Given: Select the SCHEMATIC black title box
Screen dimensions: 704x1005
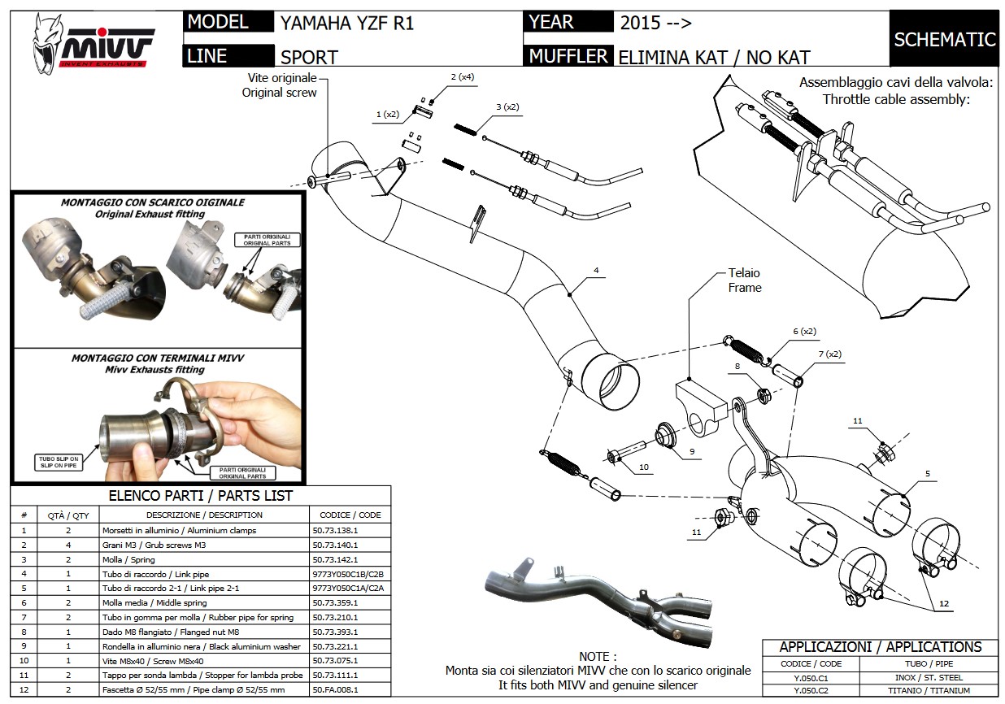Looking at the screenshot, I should click(944, 38).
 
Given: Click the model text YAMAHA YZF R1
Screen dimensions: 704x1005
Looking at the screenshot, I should click(347, 23).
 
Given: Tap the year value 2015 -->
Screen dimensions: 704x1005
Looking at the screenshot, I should click(655, 23).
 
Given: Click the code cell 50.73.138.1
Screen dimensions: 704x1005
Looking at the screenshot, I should click(335, 530).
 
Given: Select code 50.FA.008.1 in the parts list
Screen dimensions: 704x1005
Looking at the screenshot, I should click(335, 689).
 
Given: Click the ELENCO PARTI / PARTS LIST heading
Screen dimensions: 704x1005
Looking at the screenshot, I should click(200, 495).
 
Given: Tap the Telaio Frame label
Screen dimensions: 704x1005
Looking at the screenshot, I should click(745, 280).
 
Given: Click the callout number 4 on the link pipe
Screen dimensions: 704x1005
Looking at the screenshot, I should click(596, 269).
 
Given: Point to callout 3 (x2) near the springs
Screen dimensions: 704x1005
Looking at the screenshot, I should click(507, 106).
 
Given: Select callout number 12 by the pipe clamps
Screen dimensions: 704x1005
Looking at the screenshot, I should click(943, 603).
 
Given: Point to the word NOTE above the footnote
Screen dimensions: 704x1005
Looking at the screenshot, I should click(598, 656).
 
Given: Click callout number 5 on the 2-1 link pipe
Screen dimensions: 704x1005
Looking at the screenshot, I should click(926, 472).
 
